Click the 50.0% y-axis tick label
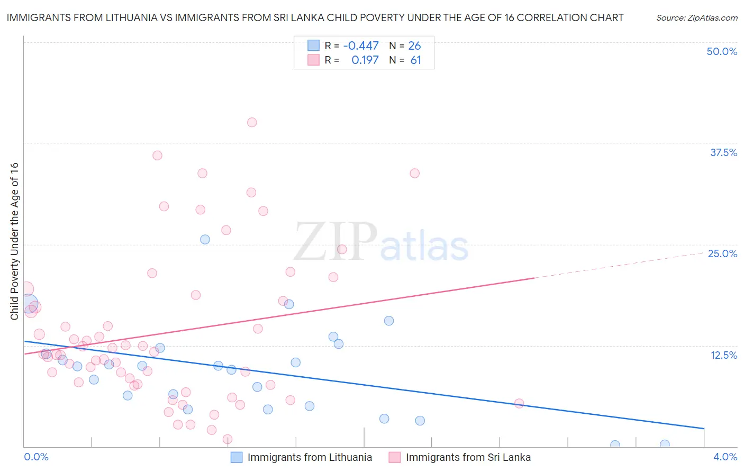point(722,51)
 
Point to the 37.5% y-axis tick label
point(723,152)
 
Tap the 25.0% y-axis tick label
point(722,253)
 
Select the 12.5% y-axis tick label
point(723,355)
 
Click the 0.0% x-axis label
point(36,457)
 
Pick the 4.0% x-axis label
point(725,457)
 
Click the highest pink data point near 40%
point(252,122)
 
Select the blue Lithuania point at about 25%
point(205,239)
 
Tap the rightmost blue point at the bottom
point(665,444)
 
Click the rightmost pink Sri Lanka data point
point(519,403)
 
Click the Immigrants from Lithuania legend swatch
point(237,457)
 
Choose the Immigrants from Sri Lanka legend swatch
point(395,457)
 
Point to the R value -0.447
point(361,46)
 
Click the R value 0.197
point(365,60)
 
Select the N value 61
point(415,60)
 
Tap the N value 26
point(414,46)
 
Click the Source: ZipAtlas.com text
point(696,17)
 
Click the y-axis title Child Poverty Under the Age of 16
point(14,241)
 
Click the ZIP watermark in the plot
point(335,242)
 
